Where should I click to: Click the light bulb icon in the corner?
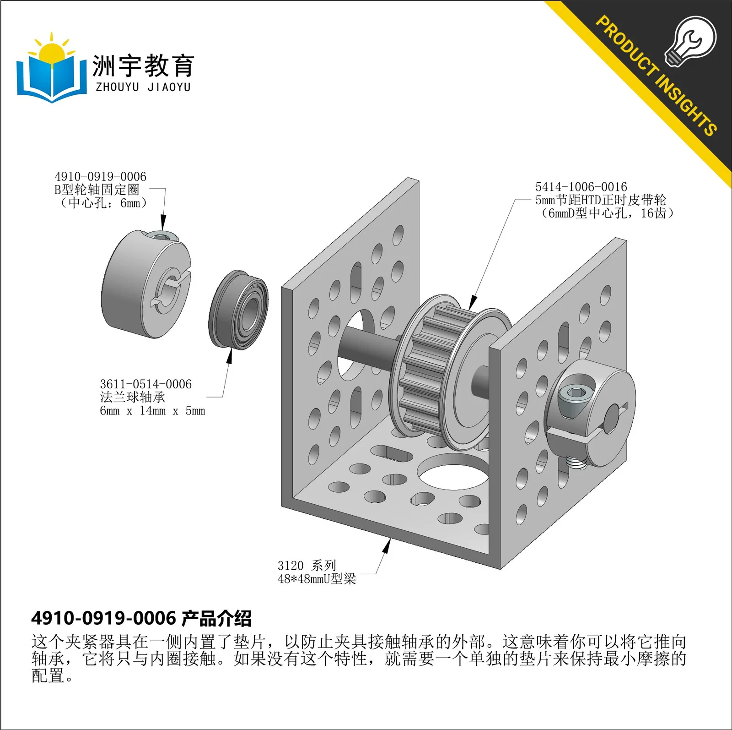click(690, 41)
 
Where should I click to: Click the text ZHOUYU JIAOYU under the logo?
click(143, 87)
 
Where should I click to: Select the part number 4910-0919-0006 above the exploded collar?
click(100, 177)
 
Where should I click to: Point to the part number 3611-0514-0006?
click(145, 384)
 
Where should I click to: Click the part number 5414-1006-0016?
click(581, 187)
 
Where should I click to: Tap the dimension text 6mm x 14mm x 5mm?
click(152, 411)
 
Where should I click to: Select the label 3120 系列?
click(307, 565)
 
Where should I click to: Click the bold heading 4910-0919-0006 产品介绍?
click(141, 618)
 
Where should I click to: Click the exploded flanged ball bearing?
click(238, 310)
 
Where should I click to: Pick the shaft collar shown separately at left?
click(146, 284)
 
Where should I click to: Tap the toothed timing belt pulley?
click(451, 372)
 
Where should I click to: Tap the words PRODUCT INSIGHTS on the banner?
click(656, 76)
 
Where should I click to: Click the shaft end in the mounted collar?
click(611, 417)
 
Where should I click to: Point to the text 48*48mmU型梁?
click(317, 579)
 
